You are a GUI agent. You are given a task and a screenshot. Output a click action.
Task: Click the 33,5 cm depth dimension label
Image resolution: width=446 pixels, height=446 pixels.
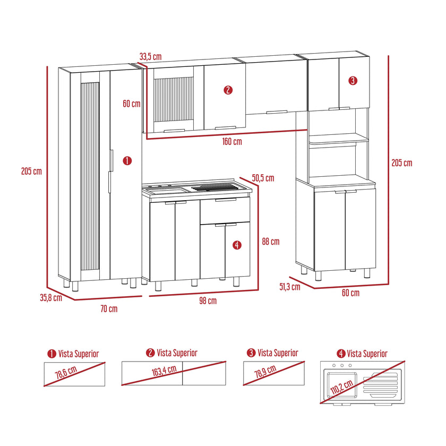[150, 57]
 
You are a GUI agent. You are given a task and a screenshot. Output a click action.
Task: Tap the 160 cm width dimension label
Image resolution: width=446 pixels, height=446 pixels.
[232, 141]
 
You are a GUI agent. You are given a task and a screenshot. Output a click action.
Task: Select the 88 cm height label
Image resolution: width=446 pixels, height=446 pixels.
[271, 242]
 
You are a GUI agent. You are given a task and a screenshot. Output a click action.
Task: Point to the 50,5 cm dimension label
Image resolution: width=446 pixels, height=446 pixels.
[263, 178]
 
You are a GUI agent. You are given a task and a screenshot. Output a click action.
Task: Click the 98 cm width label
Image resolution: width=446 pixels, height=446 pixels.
[208, 301]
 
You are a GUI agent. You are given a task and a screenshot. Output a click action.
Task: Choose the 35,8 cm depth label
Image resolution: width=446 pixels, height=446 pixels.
[51, 298]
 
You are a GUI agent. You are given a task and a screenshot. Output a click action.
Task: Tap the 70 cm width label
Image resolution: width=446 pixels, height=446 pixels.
[109, 308]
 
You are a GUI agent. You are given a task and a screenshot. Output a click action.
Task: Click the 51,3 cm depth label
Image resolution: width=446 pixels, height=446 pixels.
[289, 286]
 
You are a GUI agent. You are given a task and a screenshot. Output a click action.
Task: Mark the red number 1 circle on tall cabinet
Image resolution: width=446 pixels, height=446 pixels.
[127, 161]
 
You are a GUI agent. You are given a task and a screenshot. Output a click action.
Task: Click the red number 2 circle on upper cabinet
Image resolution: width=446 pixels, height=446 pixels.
[228, 90]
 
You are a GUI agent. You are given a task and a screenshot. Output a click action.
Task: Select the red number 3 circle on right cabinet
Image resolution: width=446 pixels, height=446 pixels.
[353, 81]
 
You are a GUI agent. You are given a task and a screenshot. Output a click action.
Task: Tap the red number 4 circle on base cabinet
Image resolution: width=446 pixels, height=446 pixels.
[237, 245]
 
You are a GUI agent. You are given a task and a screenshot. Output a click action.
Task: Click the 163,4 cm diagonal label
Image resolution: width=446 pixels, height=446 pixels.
[164, 371]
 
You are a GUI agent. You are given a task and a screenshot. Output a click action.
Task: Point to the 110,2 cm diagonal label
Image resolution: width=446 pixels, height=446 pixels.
[342, 387]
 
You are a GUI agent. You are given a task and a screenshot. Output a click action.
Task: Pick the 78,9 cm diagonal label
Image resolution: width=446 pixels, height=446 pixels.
[265, 371]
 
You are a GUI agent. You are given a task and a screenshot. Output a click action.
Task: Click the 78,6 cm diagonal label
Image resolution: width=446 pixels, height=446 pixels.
[66, 372]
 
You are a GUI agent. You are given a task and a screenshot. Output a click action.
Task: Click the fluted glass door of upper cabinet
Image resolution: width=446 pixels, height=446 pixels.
[174, 100]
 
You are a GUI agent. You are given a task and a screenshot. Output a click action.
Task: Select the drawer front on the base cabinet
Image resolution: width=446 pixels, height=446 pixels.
[225, 210]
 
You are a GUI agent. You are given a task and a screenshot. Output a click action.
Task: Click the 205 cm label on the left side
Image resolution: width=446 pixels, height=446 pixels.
[31, 171]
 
